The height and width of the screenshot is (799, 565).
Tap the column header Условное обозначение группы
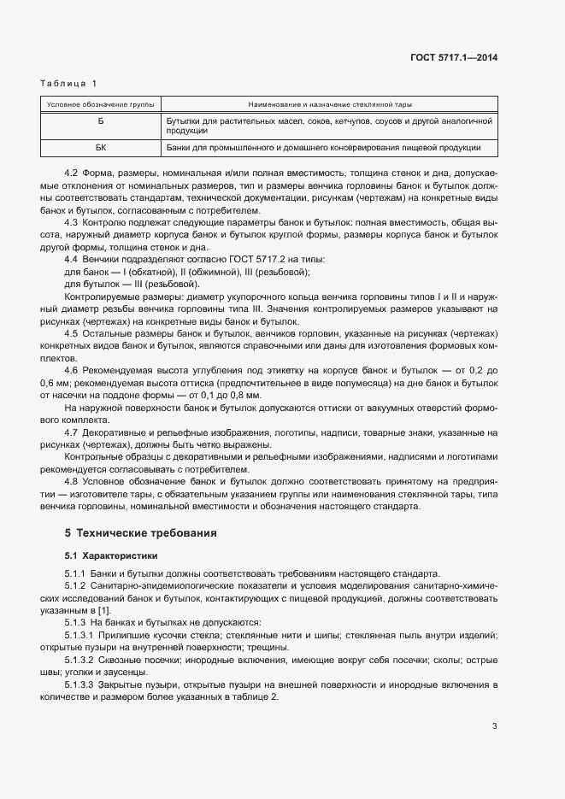point(100,104)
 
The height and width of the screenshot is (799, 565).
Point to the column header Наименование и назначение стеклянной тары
point(330,104)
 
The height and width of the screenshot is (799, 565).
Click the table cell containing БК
point(100,148)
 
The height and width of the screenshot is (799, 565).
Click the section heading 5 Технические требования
point(129,533)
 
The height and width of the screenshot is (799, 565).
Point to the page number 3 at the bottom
point(494,727)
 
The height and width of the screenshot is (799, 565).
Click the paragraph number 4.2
point(72,172)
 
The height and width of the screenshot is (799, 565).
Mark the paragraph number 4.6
point(72,369)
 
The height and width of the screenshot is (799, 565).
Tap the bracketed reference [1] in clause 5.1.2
point(104,610)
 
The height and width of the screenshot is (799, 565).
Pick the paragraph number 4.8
point(72,481)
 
